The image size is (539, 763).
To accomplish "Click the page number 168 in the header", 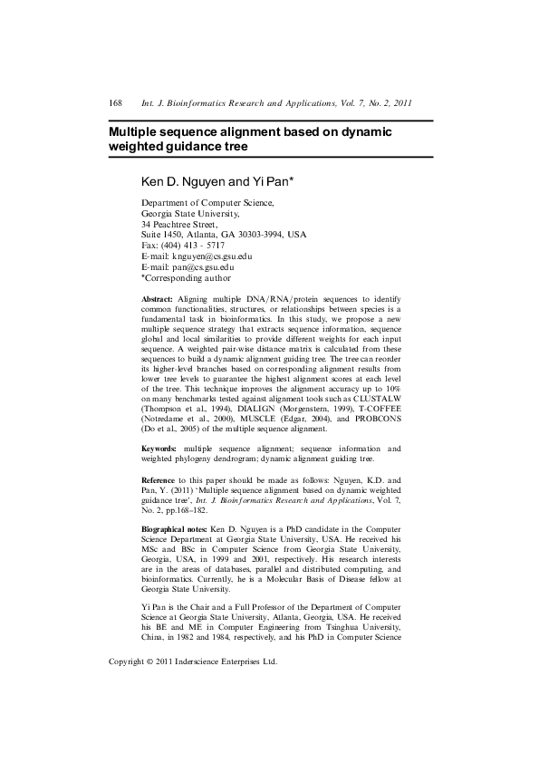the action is (115, 103).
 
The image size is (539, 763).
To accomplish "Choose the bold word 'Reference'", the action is (161, 478).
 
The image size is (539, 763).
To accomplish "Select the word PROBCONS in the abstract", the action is (376, 419).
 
